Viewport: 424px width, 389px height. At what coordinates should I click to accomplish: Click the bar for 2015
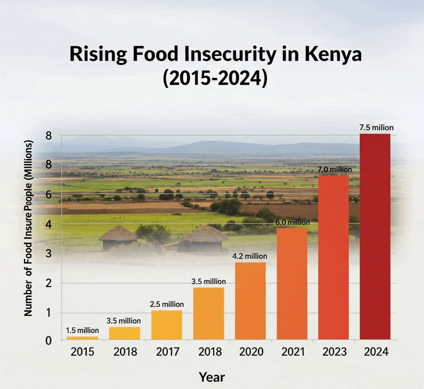82,338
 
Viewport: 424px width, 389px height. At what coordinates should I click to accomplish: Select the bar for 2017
166,325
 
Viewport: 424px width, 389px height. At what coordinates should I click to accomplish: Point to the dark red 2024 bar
375,237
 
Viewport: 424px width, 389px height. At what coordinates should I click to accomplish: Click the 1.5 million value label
82,330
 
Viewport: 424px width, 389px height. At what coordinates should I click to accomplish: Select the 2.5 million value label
166,304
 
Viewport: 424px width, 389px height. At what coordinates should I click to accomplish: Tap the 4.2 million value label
250,256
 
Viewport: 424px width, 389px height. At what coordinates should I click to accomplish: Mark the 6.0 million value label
292,222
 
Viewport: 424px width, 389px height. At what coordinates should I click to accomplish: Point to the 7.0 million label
335,169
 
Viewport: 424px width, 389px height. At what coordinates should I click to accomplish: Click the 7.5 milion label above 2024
376,127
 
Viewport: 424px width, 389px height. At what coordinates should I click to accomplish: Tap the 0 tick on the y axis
49,341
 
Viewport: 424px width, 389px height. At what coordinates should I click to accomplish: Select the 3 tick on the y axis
49,254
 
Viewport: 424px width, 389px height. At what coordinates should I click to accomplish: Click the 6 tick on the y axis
49,194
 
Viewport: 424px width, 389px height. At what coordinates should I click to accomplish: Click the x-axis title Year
212,377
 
